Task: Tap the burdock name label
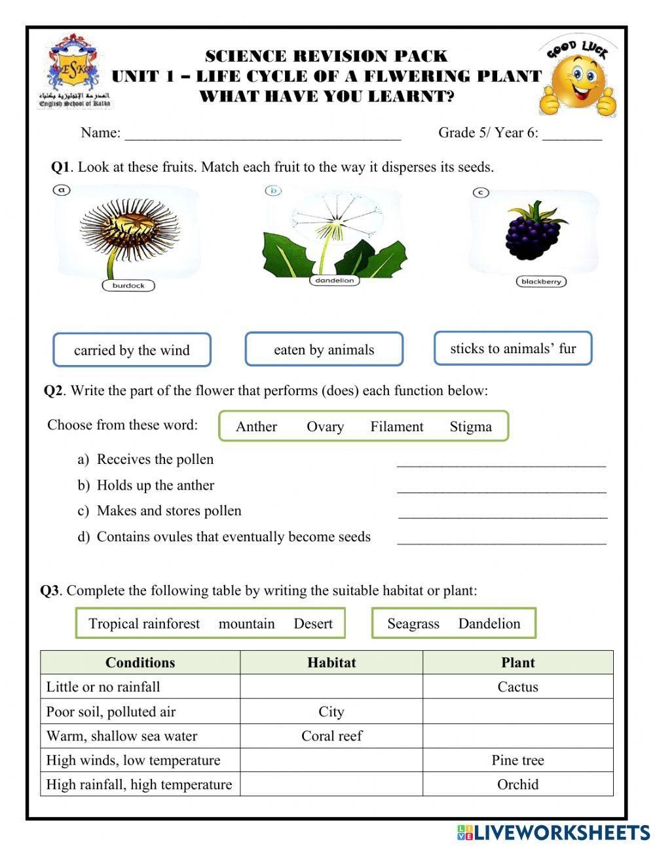click(x=128, y=286)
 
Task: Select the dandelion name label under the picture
click(x=334, y=280)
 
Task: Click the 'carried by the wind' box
click(x=132, y=350)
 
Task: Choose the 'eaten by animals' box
click(x=324, y=349)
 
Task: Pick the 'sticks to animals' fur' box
click(x=513, y=348)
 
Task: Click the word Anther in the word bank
click(x=256, y=427)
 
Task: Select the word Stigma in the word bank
click(x=470, y=427)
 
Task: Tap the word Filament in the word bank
click(x=396, y=427)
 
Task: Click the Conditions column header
click(x=140, y=663)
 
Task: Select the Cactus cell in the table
click(x=517, y=687)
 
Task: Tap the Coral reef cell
click(x=331, y=736)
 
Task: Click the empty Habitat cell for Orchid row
click(x=331, y=784)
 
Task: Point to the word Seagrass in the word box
click(x=413, y=624)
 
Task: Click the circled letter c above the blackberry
click(x=481, y=192)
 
